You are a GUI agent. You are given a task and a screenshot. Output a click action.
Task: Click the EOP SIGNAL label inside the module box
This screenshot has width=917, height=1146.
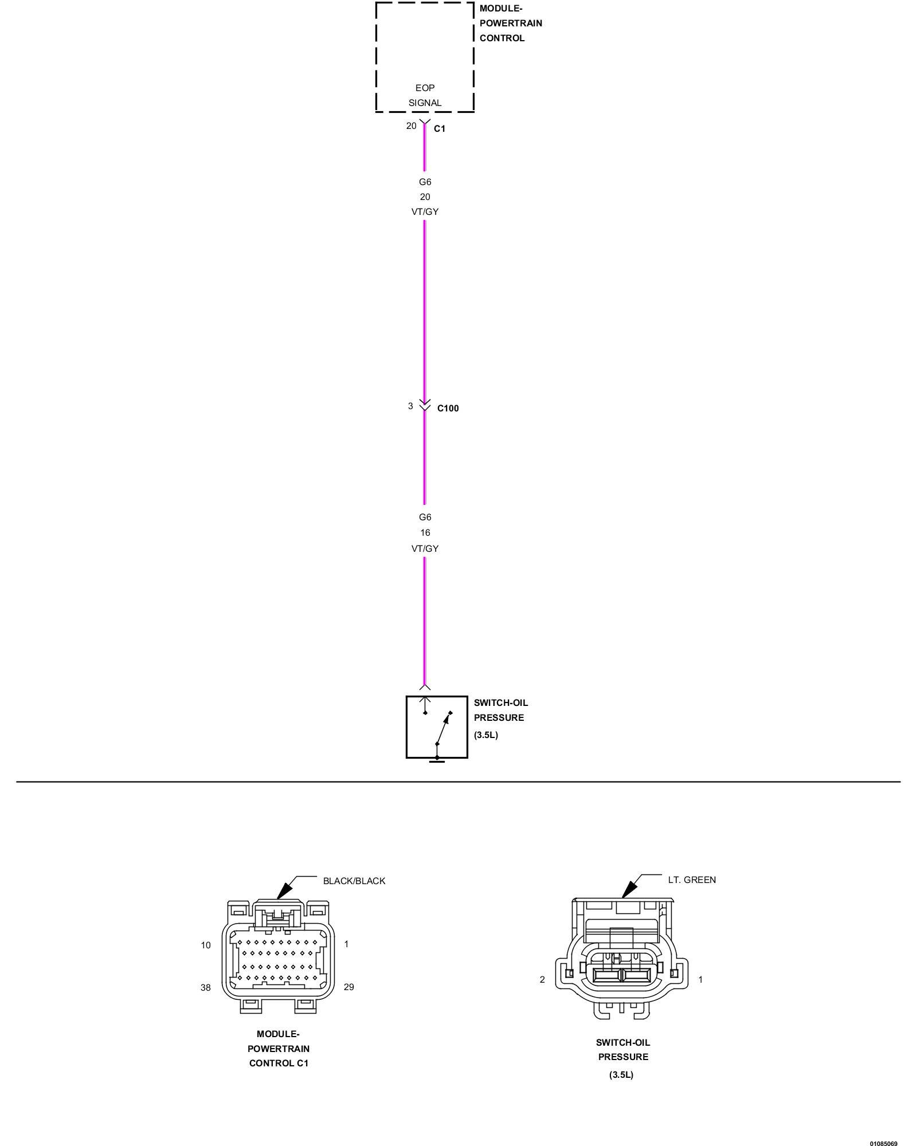425,95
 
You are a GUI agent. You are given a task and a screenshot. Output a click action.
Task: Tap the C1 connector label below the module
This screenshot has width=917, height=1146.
439,129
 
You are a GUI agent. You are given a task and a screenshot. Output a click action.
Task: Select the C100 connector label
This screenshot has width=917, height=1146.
448,409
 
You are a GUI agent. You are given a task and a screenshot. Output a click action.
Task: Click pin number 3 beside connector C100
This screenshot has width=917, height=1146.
410,406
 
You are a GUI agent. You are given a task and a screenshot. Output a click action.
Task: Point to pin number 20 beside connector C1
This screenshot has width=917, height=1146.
411,126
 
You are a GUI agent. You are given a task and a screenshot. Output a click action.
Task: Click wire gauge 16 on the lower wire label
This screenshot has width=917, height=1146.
425,533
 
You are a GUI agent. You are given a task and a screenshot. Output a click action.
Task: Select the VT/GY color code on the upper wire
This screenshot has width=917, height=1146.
425,212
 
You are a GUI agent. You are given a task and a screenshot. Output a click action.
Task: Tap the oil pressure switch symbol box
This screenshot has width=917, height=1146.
437,727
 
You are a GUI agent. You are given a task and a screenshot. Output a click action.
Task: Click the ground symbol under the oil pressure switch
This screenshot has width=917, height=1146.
437,760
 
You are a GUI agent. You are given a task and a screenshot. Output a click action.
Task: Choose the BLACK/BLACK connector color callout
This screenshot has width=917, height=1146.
354,881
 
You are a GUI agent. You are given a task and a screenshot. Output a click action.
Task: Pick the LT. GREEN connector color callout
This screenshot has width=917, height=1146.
692,880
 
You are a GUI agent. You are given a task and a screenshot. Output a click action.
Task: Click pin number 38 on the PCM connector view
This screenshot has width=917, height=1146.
205,987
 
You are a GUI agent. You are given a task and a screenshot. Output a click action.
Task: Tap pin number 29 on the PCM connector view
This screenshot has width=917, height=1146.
348,987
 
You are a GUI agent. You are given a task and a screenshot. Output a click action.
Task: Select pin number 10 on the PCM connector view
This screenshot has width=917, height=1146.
206,945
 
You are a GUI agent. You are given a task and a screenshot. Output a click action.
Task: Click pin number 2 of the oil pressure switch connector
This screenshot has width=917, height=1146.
542,979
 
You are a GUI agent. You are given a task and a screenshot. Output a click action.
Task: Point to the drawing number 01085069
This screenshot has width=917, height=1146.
883,1140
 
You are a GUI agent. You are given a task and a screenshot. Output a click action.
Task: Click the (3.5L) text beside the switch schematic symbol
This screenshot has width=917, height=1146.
485,735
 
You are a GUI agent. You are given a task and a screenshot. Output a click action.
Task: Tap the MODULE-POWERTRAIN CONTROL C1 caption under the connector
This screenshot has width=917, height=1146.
279,1049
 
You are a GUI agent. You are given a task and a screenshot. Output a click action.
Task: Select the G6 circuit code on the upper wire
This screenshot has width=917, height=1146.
425,182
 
